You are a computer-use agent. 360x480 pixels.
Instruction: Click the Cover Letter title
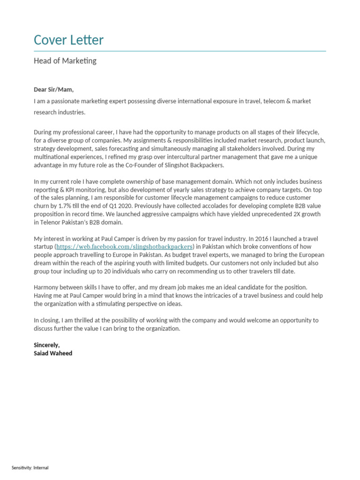(68, 40)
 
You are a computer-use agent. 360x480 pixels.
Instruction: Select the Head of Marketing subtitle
(65, 61)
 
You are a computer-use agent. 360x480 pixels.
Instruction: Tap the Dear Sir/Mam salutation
(53, 90)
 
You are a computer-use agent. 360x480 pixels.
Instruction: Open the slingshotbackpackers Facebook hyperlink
(125, 247)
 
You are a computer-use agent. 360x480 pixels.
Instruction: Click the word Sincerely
(47, 345)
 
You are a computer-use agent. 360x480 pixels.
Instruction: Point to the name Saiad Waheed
(53, 353)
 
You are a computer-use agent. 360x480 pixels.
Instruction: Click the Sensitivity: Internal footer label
(30, 468)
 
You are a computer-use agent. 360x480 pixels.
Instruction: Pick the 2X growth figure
(292, 214)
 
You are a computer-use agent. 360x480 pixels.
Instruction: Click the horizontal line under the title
(180, 51)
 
